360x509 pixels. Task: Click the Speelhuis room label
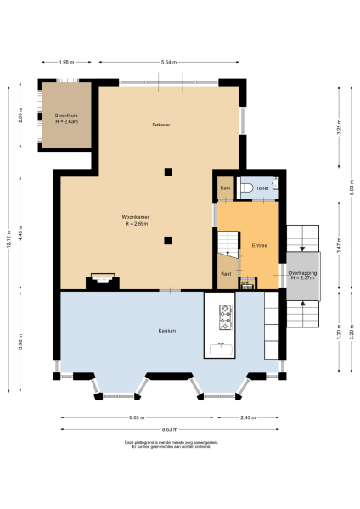coord(66,117)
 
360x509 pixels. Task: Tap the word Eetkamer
coord(160,125)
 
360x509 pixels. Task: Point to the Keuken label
coord(167,330)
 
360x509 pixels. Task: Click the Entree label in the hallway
coord(259,246)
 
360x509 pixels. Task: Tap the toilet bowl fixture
coord(245,188)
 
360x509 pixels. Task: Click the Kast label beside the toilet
coord(225,187)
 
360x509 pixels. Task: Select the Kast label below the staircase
coord(226,274)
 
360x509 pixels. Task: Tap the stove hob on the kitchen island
coord(226,317)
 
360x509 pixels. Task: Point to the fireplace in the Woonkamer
coord(102,280)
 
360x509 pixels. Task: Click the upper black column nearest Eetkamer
coord(168,172)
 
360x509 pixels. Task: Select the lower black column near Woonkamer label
coord(168,240)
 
